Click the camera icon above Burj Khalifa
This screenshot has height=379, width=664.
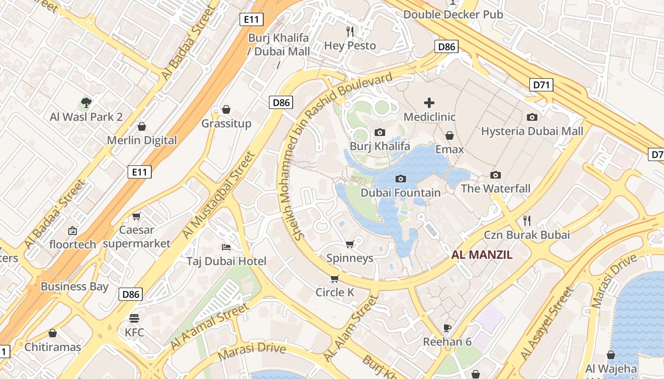(379, 133)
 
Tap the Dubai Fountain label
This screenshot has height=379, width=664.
(400, 193)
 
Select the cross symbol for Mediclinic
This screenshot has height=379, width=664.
(429, 102)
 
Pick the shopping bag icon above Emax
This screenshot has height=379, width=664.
(450, 136)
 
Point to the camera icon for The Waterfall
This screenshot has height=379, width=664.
(496, 175)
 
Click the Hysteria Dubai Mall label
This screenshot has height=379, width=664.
(532, 131)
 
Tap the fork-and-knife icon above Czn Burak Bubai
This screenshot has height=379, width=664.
(526, 220)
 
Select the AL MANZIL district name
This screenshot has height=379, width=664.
(482, 255)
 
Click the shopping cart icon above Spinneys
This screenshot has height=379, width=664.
(350, 244)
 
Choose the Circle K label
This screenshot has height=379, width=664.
(335, 293)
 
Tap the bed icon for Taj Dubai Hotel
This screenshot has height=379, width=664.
(226, 247)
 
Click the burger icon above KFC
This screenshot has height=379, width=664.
(134, 318)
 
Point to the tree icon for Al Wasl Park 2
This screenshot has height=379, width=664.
(86, 102)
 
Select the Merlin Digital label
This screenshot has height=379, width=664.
(141, 140)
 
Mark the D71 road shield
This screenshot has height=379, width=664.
(541, 85)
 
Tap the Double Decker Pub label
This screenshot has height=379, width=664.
(453, 15)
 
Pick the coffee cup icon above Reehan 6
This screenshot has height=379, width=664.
(447, 328)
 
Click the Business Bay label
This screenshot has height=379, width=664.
(74, 287)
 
